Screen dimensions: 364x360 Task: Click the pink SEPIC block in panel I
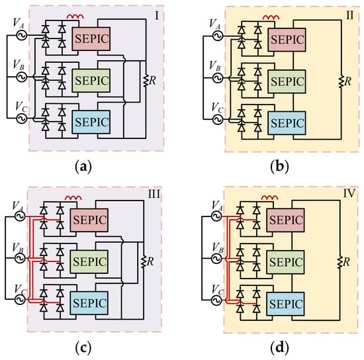point(91,39)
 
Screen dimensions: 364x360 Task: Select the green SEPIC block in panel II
point(287,81)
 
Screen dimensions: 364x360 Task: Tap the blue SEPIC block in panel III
point(89,303)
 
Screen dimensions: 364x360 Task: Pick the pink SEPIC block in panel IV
point(285,220)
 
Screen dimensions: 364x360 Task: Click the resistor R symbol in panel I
point(146,81)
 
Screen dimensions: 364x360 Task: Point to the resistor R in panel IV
point(340,262)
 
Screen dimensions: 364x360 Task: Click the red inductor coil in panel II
point(271,17)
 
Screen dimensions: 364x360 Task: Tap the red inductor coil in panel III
point(73,198)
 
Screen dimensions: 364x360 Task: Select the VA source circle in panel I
point(22,35)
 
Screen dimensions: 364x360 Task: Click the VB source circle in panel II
point(218,78)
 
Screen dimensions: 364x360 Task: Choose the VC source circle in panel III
point(20,299)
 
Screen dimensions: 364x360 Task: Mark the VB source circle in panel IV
point(216,258)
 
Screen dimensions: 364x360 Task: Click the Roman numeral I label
point(157,16)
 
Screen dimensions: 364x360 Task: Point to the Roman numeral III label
point(154,194)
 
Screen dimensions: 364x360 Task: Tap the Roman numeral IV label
point(349,193)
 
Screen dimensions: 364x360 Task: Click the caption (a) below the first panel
point(83,167)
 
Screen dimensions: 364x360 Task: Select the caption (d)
point(280,347)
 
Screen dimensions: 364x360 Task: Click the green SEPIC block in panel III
point(89,261)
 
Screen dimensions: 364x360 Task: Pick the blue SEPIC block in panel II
point(287,123)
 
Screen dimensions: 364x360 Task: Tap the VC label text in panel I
point(21,107)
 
